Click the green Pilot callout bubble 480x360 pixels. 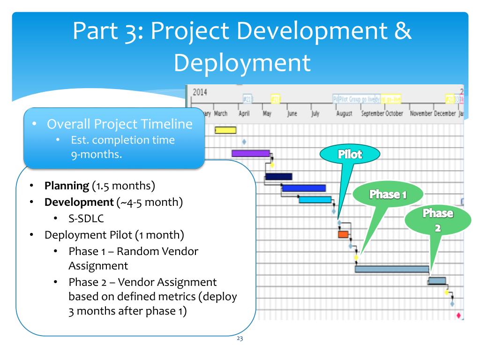tap(350, 154)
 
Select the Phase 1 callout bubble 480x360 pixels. tap(388, 194)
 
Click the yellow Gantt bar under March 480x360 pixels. tap(225, 130)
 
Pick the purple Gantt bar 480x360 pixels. tap(250, 153)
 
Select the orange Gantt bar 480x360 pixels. tap(343, 234)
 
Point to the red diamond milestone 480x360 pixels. tap(458, 315)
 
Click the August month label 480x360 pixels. tap(344, 114)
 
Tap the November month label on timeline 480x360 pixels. tap(420, 114)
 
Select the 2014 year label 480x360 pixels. tap(200, 92)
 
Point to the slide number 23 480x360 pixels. tap(240, 339)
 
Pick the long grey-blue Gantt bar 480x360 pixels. tap(392, 269)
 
